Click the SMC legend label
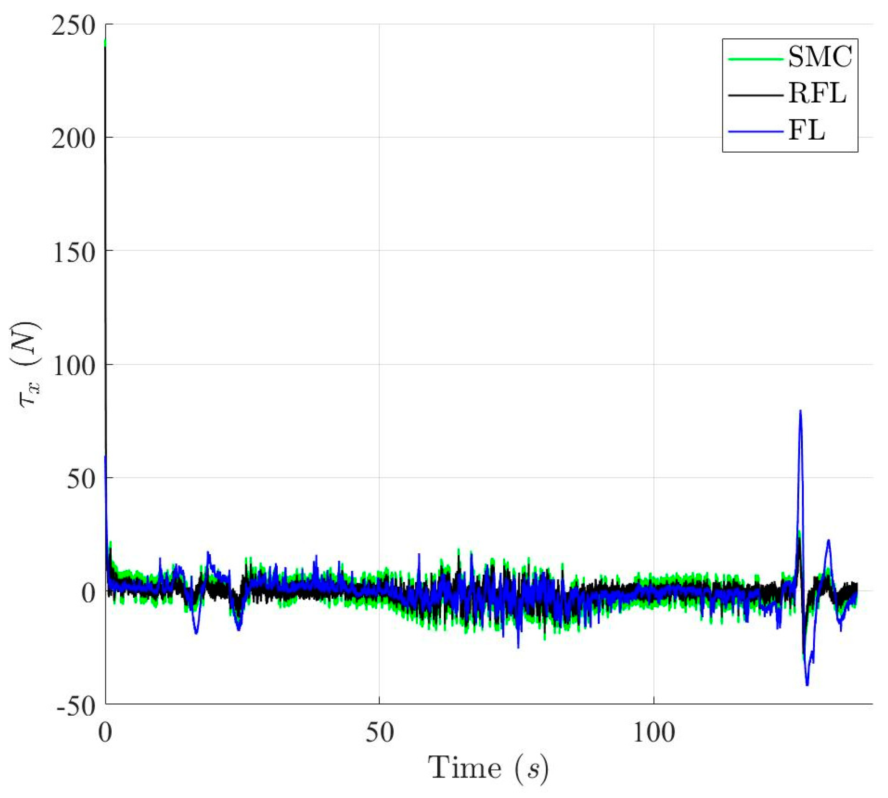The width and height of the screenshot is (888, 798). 819,57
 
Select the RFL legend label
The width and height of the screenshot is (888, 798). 817,94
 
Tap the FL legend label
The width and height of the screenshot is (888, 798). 806,131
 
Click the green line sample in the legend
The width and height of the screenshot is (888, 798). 755,58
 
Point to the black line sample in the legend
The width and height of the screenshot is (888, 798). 755,95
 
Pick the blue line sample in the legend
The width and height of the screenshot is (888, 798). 755,132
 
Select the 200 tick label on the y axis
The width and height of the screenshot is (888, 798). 73,139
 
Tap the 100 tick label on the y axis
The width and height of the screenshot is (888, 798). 73,366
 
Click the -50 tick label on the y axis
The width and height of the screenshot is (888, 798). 75,706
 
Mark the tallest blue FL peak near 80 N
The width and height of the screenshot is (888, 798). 800,411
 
